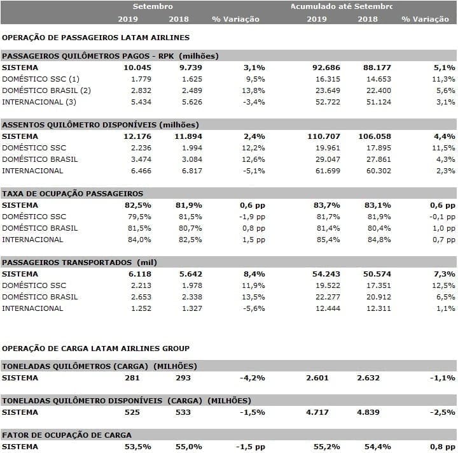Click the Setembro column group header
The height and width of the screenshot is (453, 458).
[x=153, y=6]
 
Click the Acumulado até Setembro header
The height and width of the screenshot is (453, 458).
[x=342, y=6]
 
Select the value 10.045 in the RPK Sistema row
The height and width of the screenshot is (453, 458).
[x=137, y=68]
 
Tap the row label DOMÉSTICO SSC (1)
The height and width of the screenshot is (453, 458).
[x=41, y=79]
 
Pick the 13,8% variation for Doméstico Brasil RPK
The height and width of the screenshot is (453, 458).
[x=253, y=90]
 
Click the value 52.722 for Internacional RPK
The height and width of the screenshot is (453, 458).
[x=328, y=102]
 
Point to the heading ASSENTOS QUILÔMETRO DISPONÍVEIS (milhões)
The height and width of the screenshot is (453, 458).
[x=101, y=125]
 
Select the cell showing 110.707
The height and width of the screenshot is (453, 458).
[x=324, y=136]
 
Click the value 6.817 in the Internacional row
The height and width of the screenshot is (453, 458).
[x=192, y=171]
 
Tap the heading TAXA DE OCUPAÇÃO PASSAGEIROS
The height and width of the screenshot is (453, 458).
[x=73, y=194]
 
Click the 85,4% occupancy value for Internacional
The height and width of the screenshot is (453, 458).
[x=328, y=240]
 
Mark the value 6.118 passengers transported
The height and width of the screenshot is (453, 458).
[x=140, y=274]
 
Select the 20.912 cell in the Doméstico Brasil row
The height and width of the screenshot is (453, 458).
[x=378, y=297]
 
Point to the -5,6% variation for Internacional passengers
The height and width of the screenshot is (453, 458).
[x=254, y=308]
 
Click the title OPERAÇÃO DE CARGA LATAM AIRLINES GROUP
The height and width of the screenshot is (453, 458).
[x=96, y=349]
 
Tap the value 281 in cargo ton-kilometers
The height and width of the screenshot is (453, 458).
[x=132, y=378]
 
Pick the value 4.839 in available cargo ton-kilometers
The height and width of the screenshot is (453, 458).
[x=368, y=412]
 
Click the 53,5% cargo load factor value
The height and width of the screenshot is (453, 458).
[x=138, y=447]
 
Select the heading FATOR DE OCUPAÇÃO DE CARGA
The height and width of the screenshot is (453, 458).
[x=67, y=435]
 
